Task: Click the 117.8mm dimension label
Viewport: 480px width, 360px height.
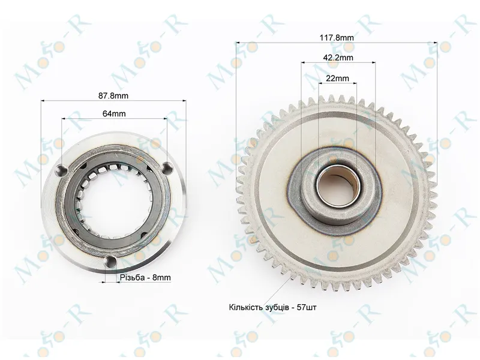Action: pos(337,38)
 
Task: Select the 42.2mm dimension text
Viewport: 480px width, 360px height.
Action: pos(338,58)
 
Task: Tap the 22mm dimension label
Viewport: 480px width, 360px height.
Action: pos(337,79)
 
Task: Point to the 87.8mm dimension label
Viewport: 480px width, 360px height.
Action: pos(113,96)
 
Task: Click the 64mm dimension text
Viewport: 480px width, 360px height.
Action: pos(114,113)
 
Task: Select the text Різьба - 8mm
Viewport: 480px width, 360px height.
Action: pos(145,278)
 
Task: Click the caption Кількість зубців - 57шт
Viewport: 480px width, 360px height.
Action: pos(272,307)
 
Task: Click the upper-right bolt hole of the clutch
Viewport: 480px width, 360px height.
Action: pos(167,168)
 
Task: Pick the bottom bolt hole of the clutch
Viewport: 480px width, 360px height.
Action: pos(110,261)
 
